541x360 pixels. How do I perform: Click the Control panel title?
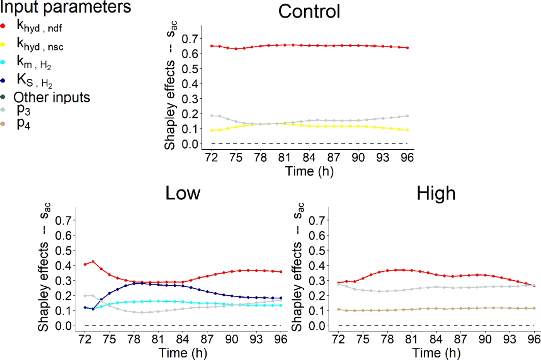coord(309,11)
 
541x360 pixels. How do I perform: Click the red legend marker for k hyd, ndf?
coord(4,26)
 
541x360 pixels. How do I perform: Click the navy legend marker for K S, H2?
coord(4,80)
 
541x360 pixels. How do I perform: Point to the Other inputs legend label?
coord(52,97)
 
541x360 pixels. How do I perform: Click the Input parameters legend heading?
coord(65,7)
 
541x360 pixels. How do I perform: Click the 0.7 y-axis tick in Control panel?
coord(188,39)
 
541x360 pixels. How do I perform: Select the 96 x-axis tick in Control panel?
coord(409,158)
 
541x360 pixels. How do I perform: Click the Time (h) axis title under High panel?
coord(436,351)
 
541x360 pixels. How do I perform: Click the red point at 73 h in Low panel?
coord(93,262)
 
